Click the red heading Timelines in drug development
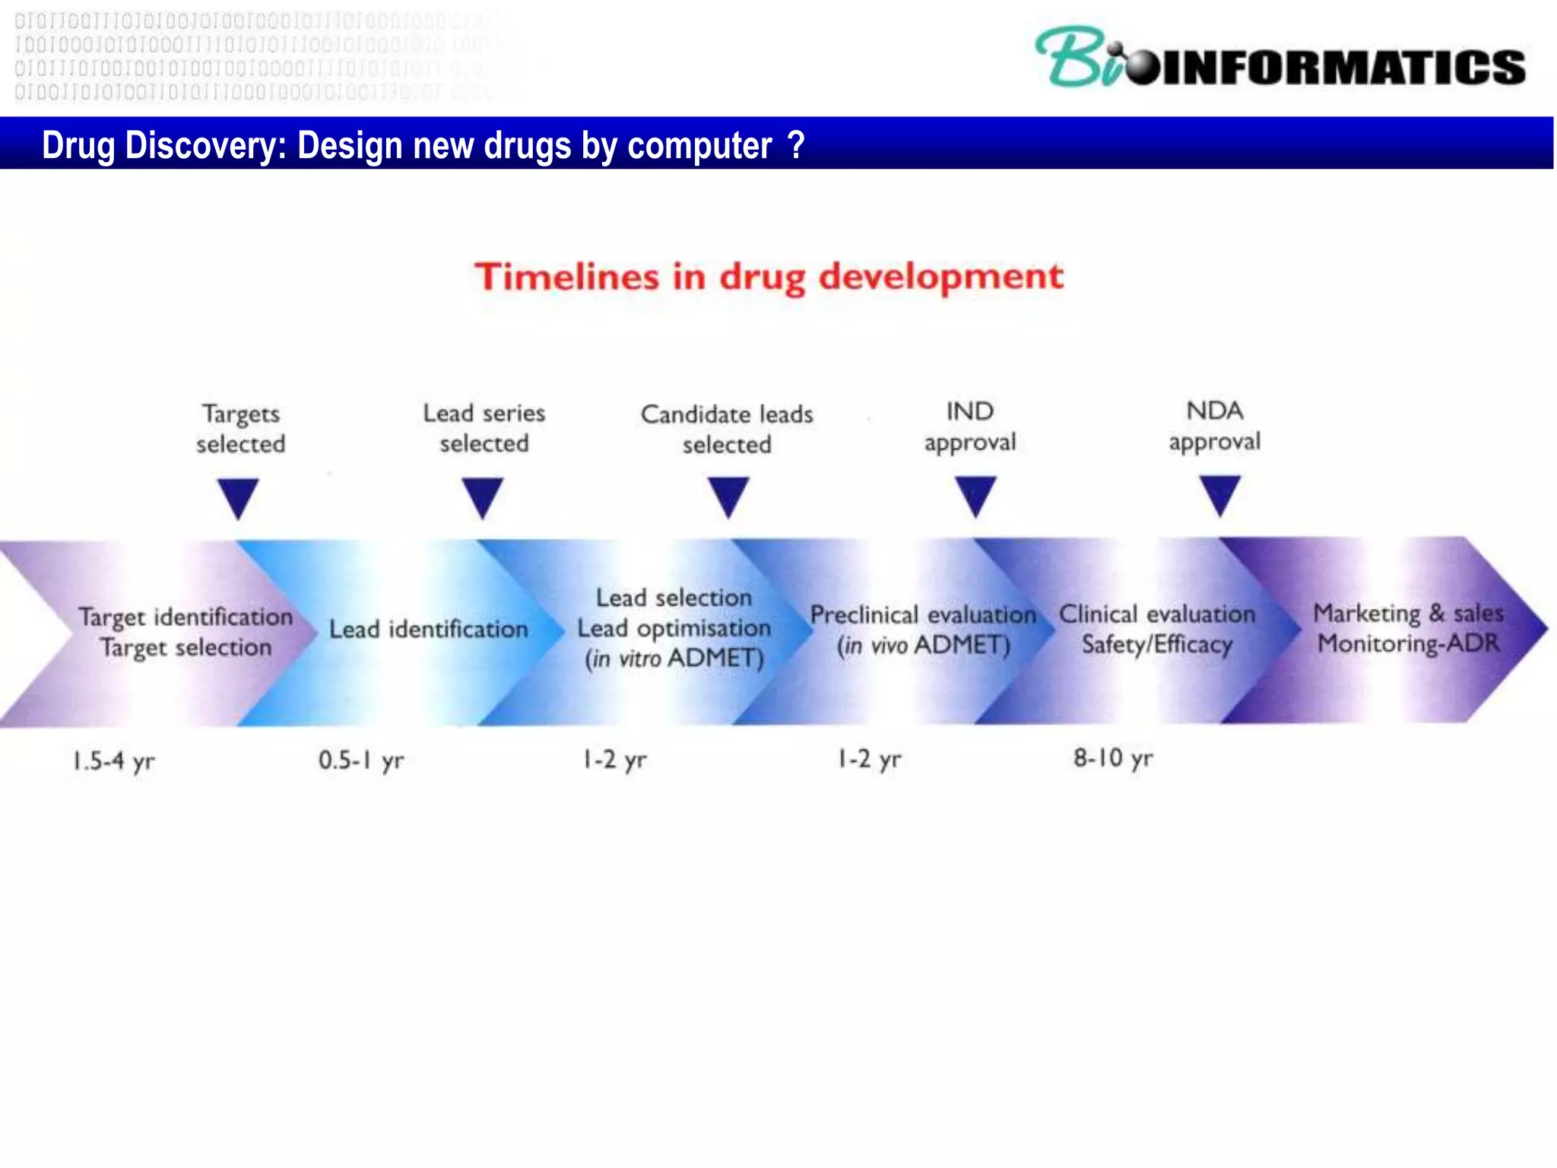coord(769,276)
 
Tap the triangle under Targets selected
coord(238,497)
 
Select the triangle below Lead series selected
coord(483,496)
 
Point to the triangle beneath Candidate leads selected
coord(728,496)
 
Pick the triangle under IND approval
coord(975,495)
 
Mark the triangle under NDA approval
coord(1220,494)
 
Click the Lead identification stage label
coord(428,629)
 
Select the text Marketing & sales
coord(1408,613)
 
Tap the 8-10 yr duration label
coord(1113,758)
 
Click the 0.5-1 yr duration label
coord(361,760)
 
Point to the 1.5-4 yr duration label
coord(114,760)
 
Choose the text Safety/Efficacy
coord(1156,645)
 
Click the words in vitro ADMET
coord(674,659)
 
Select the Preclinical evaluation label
coord(922,614)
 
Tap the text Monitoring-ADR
coord(1408,644)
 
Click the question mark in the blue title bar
coord(796,144)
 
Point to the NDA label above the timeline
coord(1214,411)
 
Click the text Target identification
coord(186,617)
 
